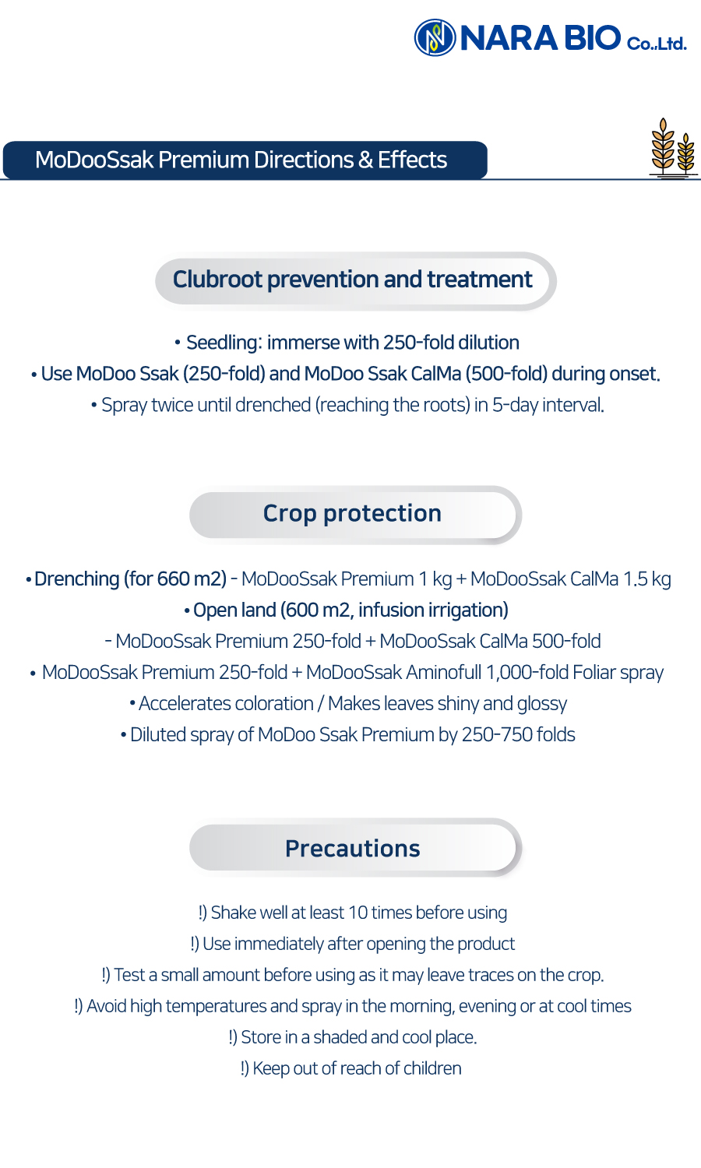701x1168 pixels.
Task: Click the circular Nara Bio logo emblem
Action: click(435, 37)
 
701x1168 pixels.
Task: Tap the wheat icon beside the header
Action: click(673, 148)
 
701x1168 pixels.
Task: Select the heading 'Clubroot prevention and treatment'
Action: click(353, 280)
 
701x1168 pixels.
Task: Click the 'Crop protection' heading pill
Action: click(354, 515)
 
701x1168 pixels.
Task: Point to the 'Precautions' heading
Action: click(353, 849)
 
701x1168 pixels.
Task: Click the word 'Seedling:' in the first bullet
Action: click(224, 343)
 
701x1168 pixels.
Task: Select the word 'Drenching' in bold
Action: click(76, 579)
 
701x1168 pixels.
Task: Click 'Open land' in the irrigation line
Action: click(234, 610)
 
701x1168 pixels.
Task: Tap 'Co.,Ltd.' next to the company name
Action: click(657, 44)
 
